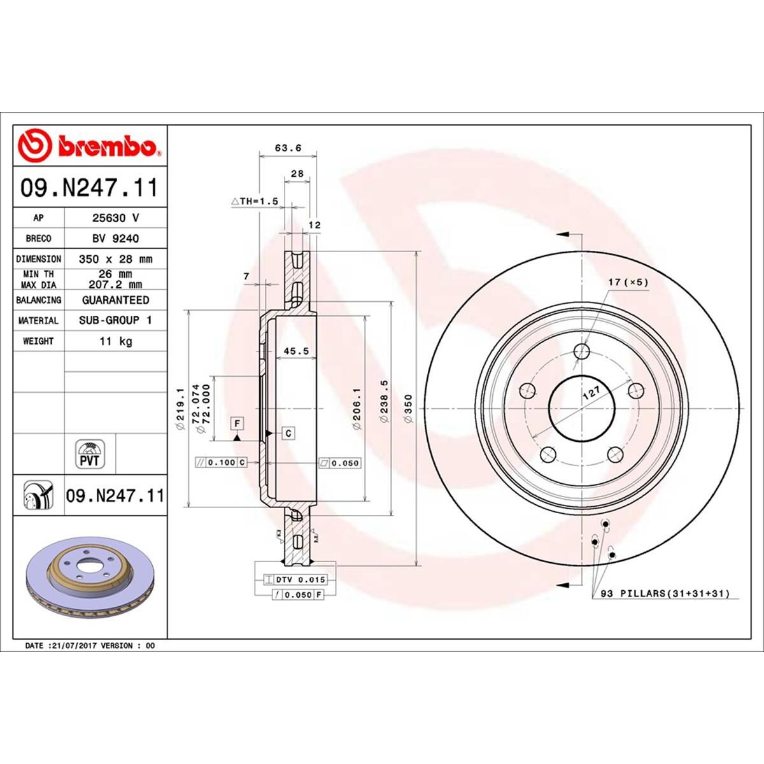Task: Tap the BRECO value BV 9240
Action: pyautogui.click(x=115, y=238)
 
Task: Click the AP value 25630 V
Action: pyautogui.click(x=115, y=218)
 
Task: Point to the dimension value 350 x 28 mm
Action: pyautogui.click(x=115, y=259)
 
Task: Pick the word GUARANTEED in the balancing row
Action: pyautogui.click(x=115, y=300)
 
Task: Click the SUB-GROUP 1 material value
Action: pyautogui.click(x=115, y=320)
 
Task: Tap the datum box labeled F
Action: pyautogui.click(x=237, y=423)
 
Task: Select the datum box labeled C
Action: pyautogui.click(x=288, y=433)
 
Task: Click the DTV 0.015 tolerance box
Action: pyautogui.click(x=295, y=579)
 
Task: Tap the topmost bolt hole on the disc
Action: pyautogui.click(x=581, y=351)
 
